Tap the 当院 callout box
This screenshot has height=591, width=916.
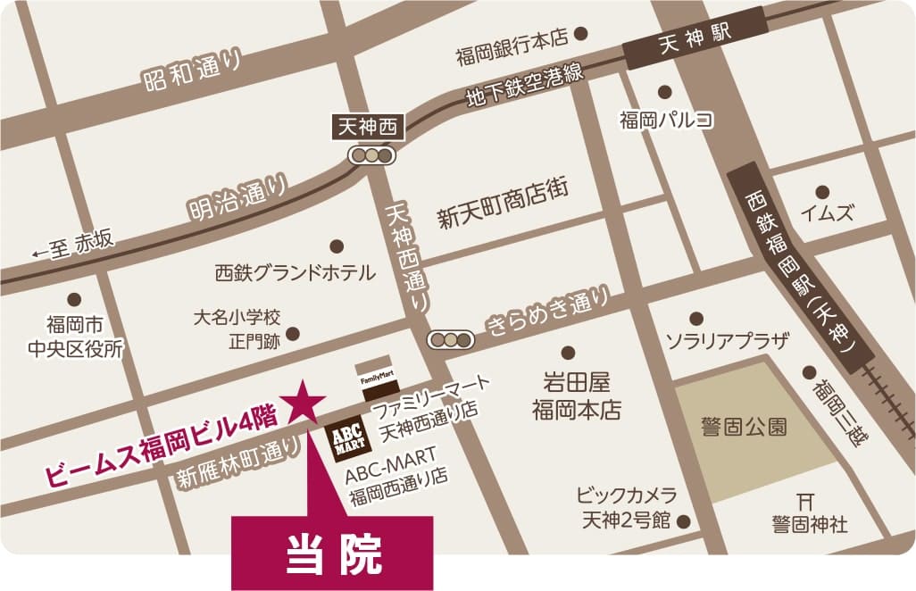pyautogui.click(x=333, y=554)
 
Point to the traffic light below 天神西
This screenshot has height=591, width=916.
pyautogui.click(x=371, y=155)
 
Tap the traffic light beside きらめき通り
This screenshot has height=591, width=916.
pyautogui.click(x=452, y=339)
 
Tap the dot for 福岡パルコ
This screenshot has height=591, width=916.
pyautogui.click(x=664, y=91)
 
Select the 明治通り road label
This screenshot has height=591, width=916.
pyautogui.click(x=238, y=198)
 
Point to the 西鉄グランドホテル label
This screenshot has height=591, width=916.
pyautogui.click(x=296, y=272)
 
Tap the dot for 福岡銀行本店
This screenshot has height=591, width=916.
pyautogui.click(x=581, y=34)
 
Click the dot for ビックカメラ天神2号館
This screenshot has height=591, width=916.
pyautogui.click(x=684, y=520)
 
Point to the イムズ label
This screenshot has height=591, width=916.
pyautogui.click(x=827, y=213)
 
